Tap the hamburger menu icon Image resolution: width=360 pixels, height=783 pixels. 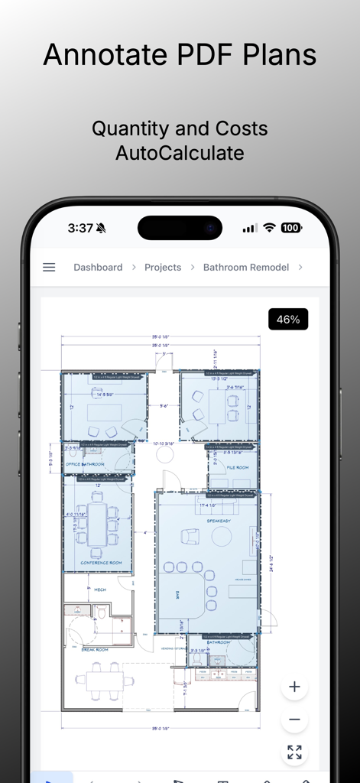49,268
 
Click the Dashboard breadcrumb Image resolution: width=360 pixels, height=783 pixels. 98,268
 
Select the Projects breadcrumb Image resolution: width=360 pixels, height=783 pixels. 163,268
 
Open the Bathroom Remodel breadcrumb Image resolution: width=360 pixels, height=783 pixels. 246,268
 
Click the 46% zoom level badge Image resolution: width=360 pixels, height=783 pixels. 288,320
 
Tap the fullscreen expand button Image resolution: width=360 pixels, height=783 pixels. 294,752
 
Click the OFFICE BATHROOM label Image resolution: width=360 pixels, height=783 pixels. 85,464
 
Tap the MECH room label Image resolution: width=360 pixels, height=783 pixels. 99,590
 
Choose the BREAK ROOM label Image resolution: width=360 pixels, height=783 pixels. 95,649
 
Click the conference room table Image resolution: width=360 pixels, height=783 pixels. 96,524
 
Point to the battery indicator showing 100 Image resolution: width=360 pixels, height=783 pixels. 290,228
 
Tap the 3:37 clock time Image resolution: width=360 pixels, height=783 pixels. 80,228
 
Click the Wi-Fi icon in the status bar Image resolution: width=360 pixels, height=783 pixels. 269,228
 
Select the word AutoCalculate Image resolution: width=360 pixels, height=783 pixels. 180,153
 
